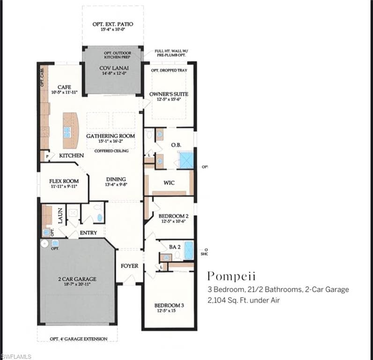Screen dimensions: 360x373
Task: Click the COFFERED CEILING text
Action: (x=111, y=151)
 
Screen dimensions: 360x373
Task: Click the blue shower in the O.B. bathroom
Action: (x=186, y=160)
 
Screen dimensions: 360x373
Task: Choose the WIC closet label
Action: (x=169, y=182)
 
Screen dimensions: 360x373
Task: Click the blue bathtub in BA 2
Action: (x=188, y=250)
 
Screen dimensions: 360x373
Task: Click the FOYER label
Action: (x=129, y=266)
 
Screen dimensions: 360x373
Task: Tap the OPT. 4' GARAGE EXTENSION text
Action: (x=78, y=339)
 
